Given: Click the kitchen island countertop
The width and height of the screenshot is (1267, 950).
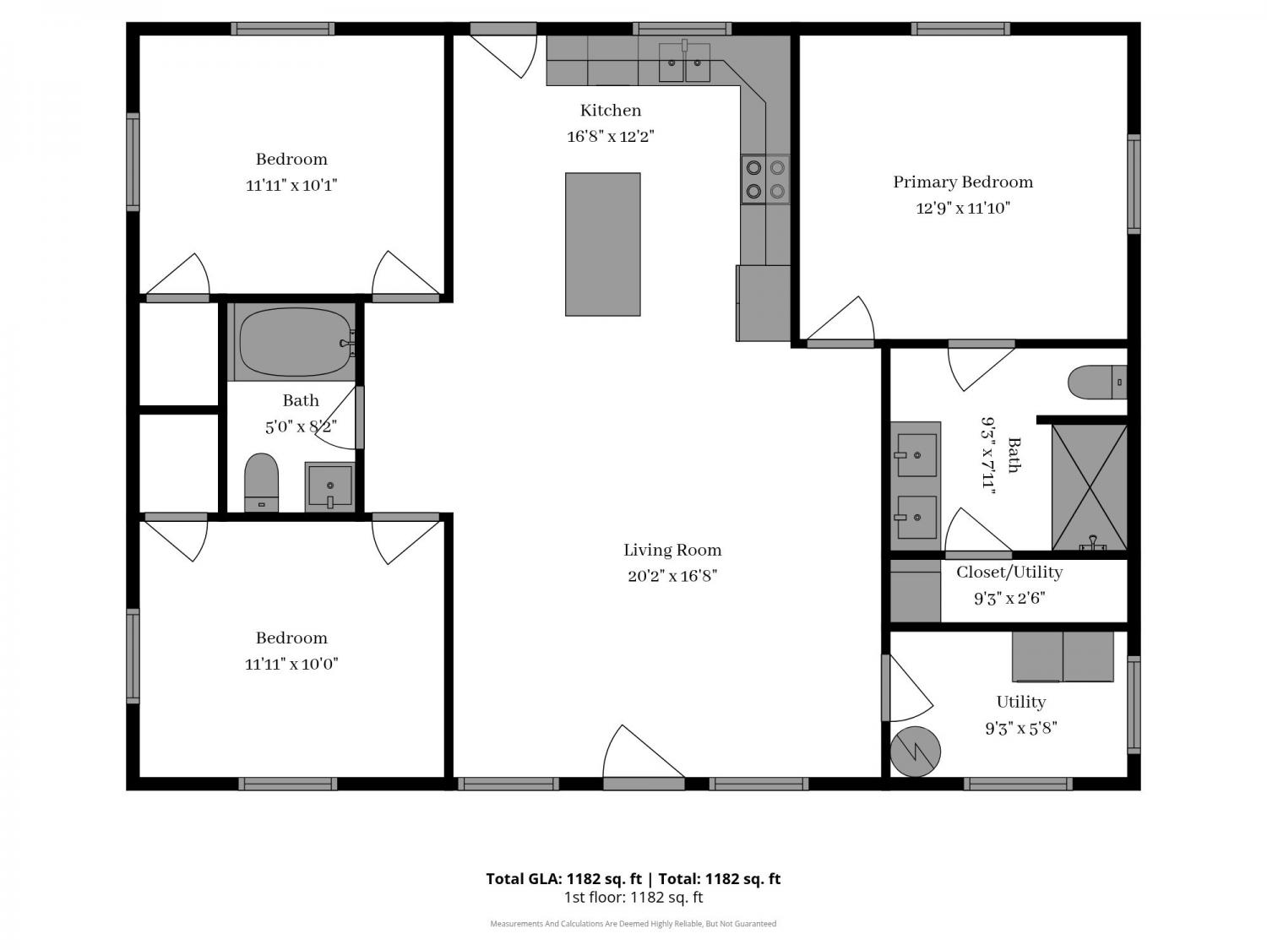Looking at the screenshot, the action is [602, 244].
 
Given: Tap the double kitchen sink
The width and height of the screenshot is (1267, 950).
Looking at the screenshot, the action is [684, 62].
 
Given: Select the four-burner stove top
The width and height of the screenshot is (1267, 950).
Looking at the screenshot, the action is [765, 179].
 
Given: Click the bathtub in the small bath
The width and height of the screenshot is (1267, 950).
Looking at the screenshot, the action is [295, 342].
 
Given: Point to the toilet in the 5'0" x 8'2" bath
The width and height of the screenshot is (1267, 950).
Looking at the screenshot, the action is [262, 482].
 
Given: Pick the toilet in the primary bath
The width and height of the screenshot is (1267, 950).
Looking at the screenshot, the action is [1096, 382].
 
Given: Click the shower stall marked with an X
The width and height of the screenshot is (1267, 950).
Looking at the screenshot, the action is [1090, 487].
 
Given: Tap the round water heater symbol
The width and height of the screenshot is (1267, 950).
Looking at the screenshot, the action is [915, 752].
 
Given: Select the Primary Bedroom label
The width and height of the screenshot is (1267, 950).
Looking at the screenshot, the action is [963, 182].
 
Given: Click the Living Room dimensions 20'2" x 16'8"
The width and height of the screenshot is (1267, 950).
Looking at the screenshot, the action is [672, 576].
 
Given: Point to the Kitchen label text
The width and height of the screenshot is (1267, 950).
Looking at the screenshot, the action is [610, 110].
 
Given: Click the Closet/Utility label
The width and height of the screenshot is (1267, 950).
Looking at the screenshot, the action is [1009, 573].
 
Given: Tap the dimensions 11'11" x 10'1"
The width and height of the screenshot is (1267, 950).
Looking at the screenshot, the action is [291, 185].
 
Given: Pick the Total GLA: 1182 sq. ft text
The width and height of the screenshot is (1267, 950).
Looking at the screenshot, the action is [564, 879].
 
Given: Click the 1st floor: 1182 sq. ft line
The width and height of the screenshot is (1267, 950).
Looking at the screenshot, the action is [633, 898].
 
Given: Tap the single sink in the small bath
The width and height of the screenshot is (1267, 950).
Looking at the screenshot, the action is [329, 486].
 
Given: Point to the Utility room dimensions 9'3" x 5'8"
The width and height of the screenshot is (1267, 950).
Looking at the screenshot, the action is [1021, 729].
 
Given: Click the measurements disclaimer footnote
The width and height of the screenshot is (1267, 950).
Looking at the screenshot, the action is [633, 924].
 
